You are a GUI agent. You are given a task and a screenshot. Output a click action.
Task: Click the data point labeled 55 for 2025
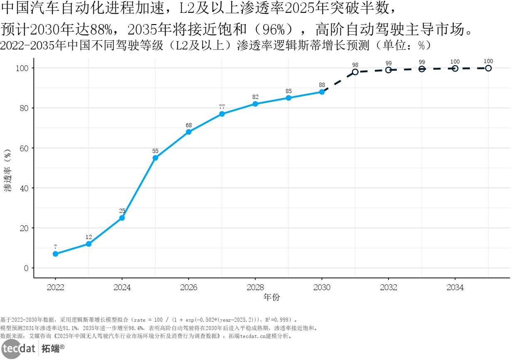[x=155, y=158]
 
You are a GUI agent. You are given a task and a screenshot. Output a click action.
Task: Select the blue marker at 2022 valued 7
[x=55, y=254]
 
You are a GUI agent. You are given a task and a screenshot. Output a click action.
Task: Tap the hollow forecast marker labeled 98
[x=355, y=72]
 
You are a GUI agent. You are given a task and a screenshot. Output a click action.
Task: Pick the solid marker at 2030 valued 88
[x=322, y=92]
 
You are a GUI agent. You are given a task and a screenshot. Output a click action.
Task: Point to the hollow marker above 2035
[x=488, y=68]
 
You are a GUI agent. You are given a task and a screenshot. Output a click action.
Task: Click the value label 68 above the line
[x=189, y=125]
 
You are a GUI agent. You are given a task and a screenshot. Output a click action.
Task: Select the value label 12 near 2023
[x=89, y=237]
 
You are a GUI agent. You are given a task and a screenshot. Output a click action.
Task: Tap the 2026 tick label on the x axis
[x=189, y=287]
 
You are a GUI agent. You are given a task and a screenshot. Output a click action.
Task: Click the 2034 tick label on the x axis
[x=455, y=287]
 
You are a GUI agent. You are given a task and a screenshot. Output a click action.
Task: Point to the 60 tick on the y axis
[x=24, y=148]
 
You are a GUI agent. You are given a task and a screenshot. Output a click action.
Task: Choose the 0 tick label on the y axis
[x=26, y=268]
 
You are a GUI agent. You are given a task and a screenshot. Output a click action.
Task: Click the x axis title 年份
[x=272, y=297]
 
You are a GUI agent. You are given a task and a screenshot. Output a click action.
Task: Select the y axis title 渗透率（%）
[x=7, y=170]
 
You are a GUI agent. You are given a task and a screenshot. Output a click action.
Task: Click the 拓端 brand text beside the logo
[x=50, y=348]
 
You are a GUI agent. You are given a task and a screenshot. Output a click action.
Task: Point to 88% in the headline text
[x=101, y=30]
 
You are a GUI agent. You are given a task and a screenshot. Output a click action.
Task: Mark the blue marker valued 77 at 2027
[x=222, y=114]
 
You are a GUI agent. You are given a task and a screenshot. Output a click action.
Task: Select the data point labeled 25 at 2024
[x=122, y=218]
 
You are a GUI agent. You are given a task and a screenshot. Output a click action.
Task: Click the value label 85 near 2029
[x=288, y=91]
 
